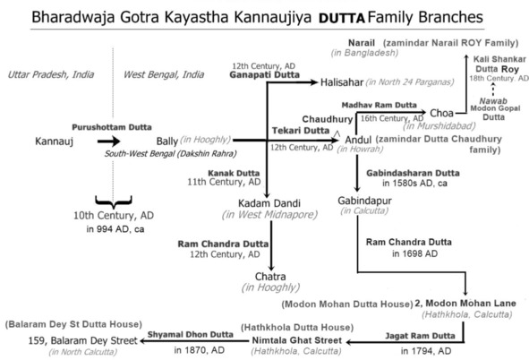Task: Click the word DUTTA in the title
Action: pos(341,18)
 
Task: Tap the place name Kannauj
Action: pos(54,141)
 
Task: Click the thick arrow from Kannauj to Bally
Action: pos(108,141)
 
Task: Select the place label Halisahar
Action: pos(341,82)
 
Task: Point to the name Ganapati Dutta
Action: pos(265,74)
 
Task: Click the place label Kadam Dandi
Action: pos(269,203)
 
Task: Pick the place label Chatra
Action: pos(270,277)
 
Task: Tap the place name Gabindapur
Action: pos(364,201)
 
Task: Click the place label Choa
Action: pos(441,113)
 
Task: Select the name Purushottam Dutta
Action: pos(112,127)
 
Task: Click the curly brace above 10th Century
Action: pos(114,201)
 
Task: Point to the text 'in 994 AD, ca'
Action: pos(115,229)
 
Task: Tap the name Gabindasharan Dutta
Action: pos(413,173)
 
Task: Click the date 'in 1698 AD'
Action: pos(414,253)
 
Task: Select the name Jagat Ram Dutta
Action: pos(420,336)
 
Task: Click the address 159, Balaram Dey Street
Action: pos(82,340)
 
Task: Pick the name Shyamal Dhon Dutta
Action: pos(191,334)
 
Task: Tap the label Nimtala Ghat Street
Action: pos(297,340)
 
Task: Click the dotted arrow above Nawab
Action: pos(493,90)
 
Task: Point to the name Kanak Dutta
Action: pos(234,173)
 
